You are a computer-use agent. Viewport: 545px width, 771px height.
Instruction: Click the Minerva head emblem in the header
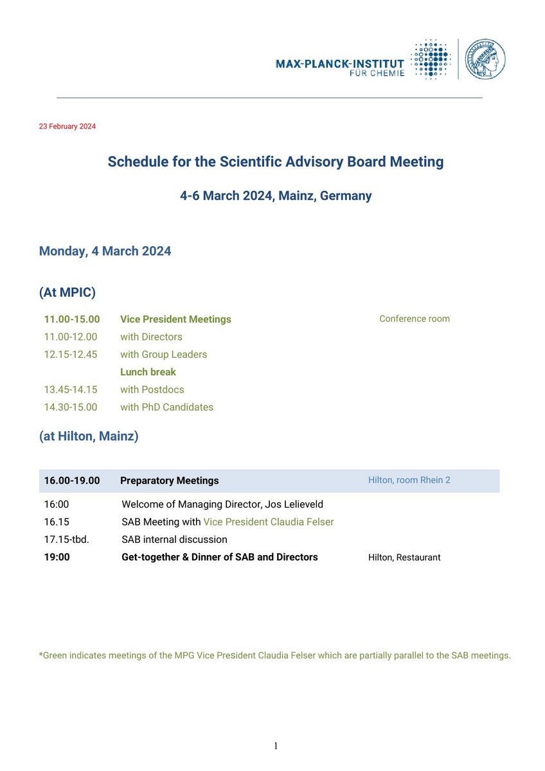(485, 59)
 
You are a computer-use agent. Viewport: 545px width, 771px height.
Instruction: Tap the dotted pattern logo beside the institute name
(431, 60)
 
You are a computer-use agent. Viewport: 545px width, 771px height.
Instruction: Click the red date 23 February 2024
(67, 127)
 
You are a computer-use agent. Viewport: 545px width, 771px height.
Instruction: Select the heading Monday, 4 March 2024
(105, 251)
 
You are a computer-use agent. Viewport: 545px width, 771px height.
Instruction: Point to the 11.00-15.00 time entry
(72, 319)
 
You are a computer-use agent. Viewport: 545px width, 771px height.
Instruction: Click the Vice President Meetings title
(175, 319)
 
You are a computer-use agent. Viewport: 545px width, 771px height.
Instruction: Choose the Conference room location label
(415, 319)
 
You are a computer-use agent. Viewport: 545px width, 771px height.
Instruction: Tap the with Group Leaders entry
(163, 355)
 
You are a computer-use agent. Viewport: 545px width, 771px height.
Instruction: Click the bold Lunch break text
(148, 372)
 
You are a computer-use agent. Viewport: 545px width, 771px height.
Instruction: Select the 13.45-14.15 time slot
(71, 389)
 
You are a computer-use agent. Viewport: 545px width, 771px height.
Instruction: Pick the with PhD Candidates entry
(166, 407)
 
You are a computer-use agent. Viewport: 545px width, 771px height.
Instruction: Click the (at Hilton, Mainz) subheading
(89, 436)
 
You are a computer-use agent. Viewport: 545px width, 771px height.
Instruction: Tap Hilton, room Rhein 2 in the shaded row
(409, 480)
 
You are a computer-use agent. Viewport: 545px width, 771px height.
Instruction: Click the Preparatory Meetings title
(170, 481)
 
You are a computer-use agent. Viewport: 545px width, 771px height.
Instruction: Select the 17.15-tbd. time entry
(67, 540)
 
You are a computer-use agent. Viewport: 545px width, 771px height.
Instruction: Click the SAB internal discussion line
(174, 540)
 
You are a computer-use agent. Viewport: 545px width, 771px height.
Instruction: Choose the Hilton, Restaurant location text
(404, 558)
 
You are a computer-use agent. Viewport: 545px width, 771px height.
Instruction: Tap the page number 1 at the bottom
(276, 746)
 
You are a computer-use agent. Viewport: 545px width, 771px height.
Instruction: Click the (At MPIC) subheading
(67, 293)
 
